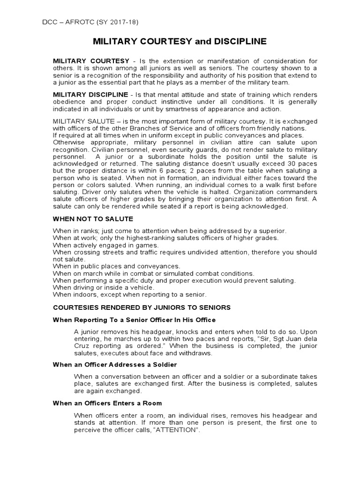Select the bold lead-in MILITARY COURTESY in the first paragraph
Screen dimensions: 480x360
91,61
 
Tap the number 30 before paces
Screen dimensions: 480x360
292,163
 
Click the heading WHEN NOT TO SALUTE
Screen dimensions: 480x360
93,219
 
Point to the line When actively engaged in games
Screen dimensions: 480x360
106,245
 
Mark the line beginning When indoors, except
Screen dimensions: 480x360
129,294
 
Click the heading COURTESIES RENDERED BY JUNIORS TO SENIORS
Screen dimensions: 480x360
142,307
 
